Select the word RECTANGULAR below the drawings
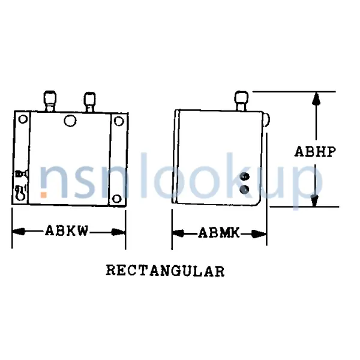pyautogui.click(x=166, y=271)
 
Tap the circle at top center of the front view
pyautogui.click(x=70, y=121)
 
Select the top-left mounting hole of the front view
pyautogui.click(x=23, y=119)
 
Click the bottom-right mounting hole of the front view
pyautogui.click(x=118, y=196)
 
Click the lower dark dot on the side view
pyautogui.click(x=244, y=190)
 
